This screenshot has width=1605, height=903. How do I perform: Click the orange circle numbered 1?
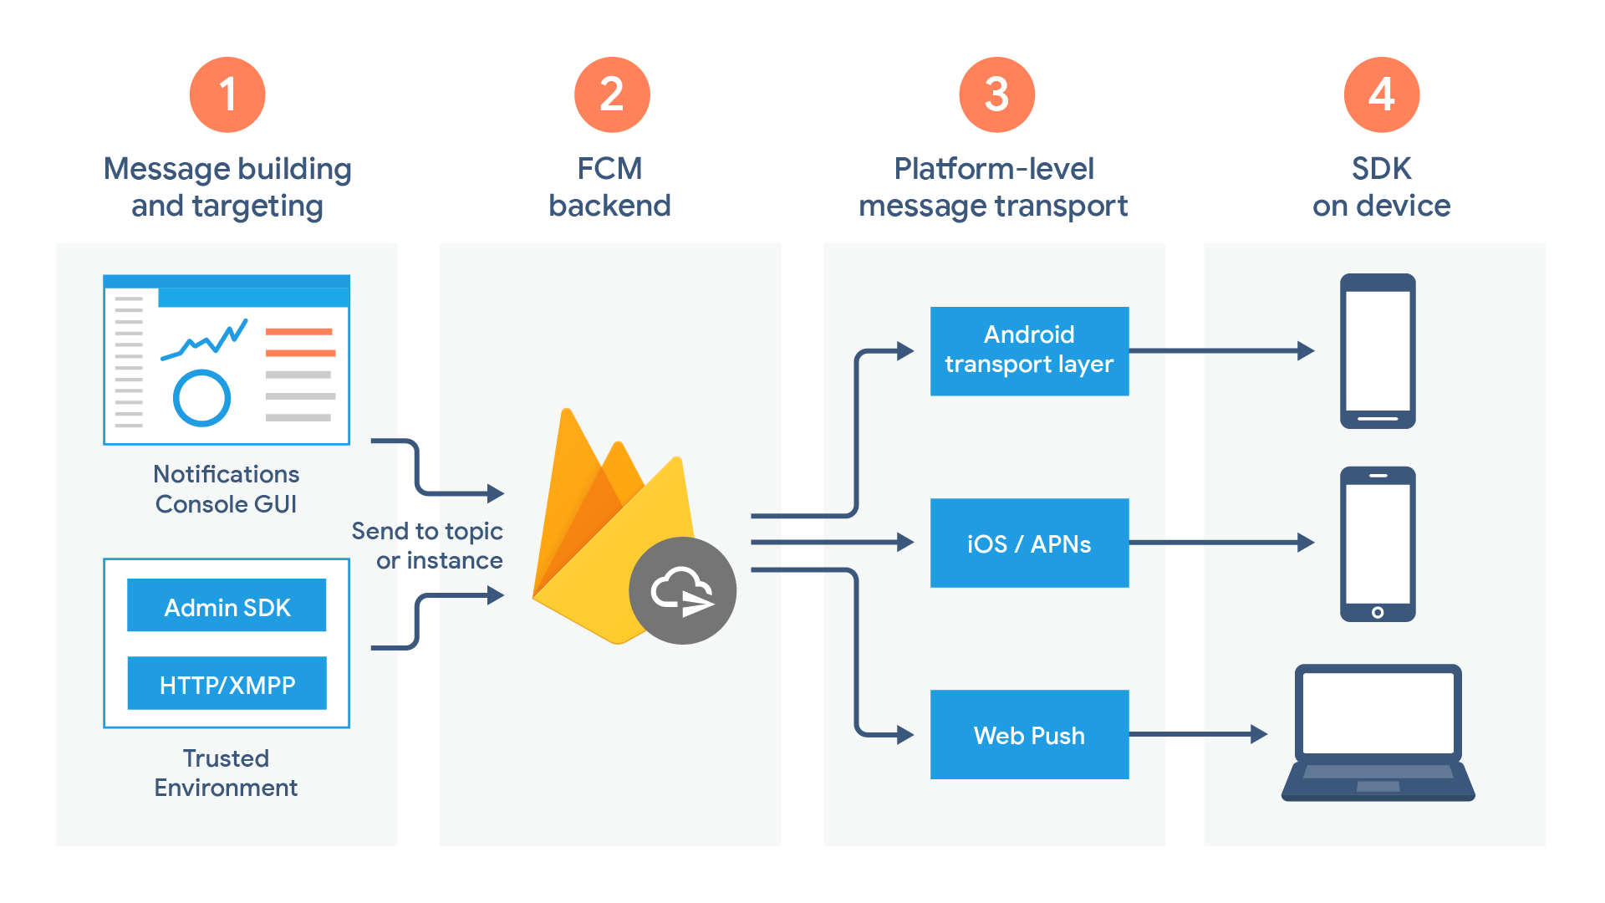click(x=227, y=94)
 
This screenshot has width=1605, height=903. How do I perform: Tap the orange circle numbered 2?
click(x=612, y=94)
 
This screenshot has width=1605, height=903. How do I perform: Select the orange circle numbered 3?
click(x=996, y=94)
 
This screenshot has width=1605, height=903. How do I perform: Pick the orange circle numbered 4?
click(x=1381, y=94)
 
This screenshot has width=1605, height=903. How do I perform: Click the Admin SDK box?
click(x=227, y=605)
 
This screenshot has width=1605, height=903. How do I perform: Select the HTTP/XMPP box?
click(x=227, y=684)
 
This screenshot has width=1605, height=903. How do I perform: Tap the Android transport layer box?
click(x=1029, y=350)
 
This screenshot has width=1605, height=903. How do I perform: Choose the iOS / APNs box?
click(x=1029, y=543)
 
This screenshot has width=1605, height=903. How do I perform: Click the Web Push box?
click(x=1029, y=734)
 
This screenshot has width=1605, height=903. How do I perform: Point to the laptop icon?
click(x=1378, y=732)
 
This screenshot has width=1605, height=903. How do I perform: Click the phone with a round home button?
click(x=1378, y=543)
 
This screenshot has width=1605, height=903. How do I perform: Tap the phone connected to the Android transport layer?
click(x=1378, y=350)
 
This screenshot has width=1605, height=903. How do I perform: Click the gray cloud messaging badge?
click(x=682, y=590)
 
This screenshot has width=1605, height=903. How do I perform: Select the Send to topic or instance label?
click(x=428, y=545)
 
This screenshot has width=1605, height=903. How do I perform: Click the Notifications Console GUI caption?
click(x=226, y=489)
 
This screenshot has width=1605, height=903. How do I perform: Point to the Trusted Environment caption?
click(x=226, y=773)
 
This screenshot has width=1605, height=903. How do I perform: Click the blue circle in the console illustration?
click(x=201, y=398)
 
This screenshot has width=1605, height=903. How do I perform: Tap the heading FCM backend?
click(x=609, y=186)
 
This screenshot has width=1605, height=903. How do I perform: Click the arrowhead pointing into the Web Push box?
click(x=905, y=734)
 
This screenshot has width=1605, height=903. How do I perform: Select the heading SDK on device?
click(x=1381, y=186)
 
